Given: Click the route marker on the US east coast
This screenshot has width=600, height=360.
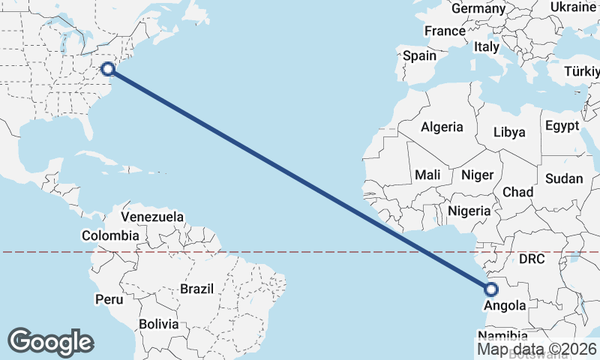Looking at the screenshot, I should [108, 69].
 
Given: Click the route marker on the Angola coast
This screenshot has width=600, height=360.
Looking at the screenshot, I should [491, 289].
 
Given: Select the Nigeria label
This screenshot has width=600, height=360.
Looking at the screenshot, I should [469, 211].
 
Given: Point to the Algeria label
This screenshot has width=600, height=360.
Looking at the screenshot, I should [442, 127].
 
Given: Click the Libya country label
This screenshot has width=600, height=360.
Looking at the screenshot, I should [509, 132].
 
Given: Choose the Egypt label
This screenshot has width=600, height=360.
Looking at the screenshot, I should [562, 125].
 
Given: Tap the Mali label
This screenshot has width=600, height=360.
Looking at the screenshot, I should [427, 175].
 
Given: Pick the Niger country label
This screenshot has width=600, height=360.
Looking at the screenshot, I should [478, 175].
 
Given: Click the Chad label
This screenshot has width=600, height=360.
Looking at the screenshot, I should [517, 192].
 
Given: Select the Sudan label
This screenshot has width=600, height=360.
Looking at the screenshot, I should [564, 178].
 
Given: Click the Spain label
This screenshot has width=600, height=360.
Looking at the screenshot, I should [419, 55].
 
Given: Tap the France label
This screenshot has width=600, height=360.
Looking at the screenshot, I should [445, 31].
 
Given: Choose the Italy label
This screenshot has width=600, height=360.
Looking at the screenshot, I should [487, 46].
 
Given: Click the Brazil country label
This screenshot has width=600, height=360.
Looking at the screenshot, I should [197, 288].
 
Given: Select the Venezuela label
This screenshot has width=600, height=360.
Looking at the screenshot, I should [152, 217].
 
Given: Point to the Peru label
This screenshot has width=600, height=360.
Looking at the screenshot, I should [109, 299].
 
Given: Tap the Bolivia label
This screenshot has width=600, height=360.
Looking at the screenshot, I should [159, 325].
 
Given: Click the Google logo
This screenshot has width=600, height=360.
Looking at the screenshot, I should [50, 341].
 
